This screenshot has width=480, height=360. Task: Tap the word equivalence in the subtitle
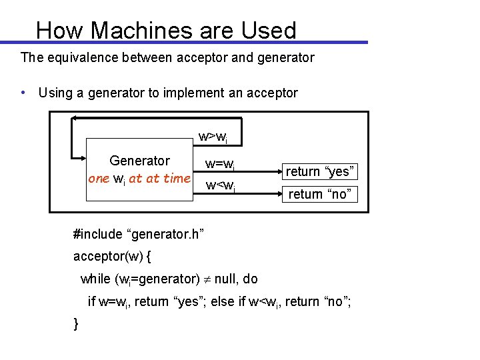[85, 57]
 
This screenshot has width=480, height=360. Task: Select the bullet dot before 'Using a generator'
[23, 93]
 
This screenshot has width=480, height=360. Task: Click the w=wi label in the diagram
[219, 163]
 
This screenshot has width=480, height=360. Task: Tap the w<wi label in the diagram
[219, 185]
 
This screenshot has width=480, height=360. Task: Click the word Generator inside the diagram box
[139, 161]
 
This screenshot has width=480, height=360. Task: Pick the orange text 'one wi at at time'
[139, 179]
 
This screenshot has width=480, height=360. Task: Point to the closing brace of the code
[76, 323]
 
